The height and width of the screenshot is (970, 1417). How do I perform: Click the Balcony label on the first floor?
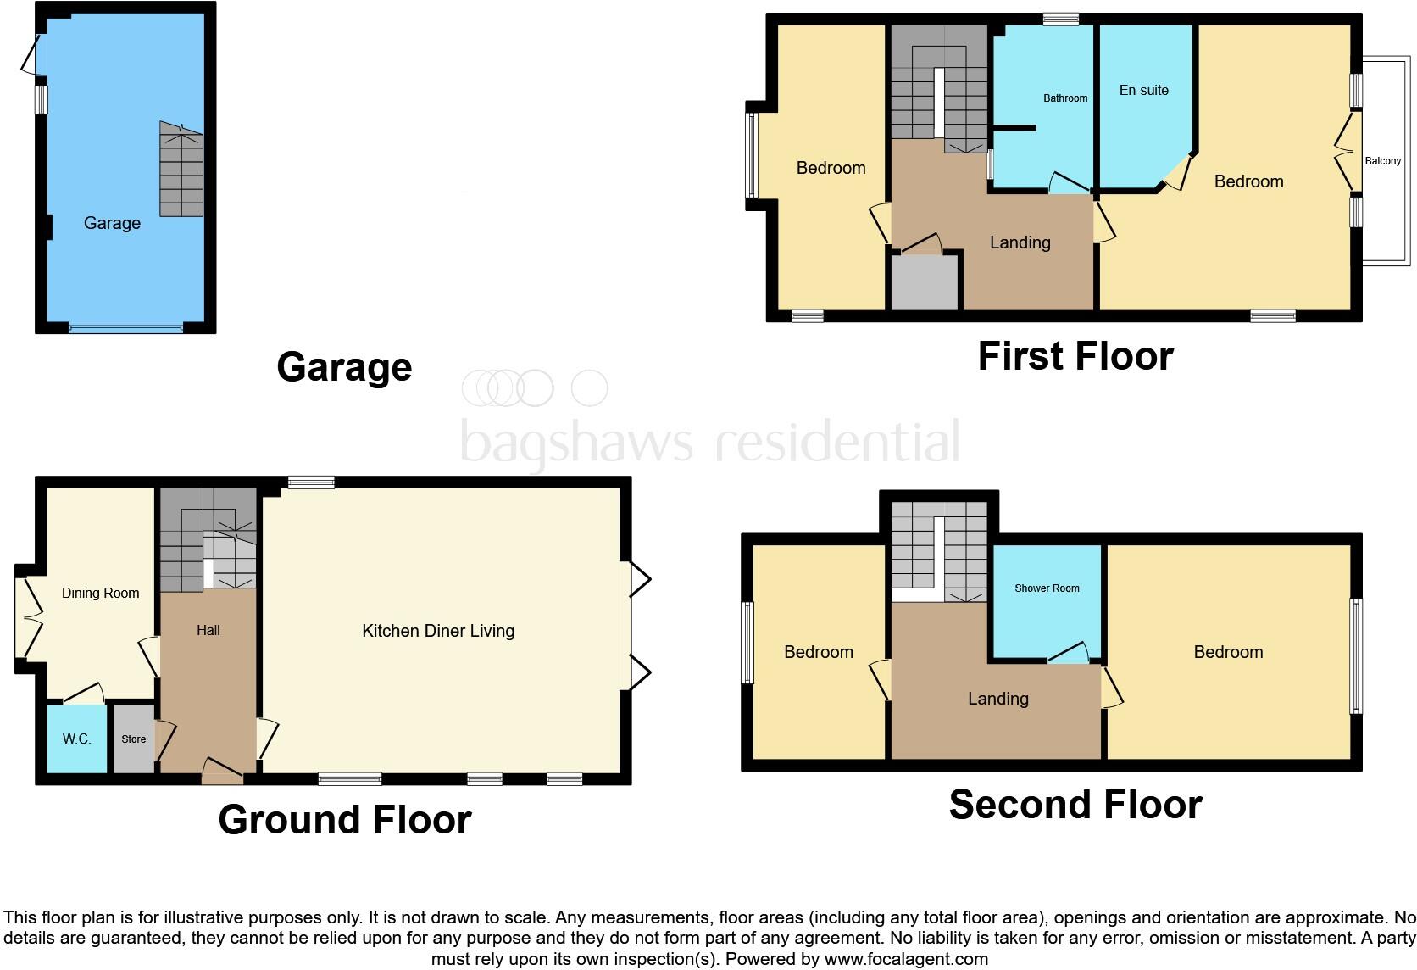pyautogui.click(x=1382, y=161)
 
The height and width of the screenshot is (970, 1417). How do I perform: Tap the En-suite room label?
pyautogui.click(x=1143, y=90)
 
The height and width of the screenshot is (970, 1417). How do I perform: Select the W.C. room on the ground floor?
pyautogui.click(x=76, y=739)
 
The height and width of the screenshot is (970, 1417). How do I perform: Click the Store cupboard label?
pyautogui.click(x=134, y=739)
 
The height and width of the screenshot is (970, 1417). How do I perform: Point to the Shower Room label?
pyautogui.click(x=1047, y=588)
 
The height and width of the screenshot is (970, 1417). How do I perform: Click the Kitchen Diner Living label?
pyautogui.click(x=438, y=631)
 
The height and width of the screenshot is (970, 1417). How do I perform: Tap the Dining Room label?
pyautogui.click(x=100, y=594)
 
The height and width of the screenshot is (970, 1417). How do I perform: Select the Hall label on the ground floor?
pyautogui.click(x=208, y=630)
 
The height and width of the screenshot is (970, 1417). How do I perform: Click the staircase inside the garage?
pyautogui.click(x=181, y=170)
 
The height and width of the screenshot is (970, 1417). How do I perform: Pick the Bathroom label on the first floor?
pyautogui.click(x=1064, y=98)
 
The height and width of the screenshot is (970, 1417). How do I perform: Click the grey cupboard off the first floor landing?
pyautogui.click(x=925, y=282)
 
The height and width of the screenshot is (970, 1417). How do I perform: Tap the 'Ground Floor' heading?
pyautogui.click(x=344, y=820)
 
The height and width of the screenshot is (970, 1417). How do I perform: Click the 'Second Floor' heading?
pyautogui.click(x=1075, y=805)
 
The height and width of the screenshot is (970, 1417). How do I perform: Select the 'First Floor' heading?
pyautogui.click(x=1075, y=356)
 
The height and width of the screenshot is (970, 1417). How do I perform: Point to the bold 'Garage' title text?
pyautogui.click(x=344, y=367)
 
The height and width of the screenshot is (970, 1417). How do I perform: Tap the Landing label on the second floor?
pyautogui.click(x=997, y=699)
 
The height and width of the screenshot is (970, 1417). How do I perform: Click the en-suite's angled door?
pyautogui.click(x=1174, y=175)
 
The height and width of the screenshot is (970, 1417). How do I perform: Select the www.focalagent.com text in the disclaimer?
pyautogui.click(x=906, y=959)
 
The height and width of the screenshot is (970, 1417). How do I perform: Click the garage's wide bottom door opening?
pyautogui.click(x=125, y=328)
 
